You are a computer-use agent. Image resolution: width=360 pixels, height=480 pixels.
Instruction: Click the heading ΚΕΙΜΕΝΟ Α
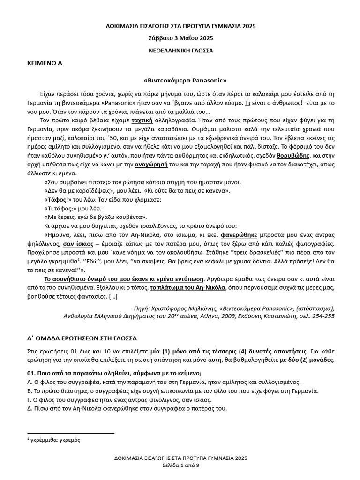point(45,62)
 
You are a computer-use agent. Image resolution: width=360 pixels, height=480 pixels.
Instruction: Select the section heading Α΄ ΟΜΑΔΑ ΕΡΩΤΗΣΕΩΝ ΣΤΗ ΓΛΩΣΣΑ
point(81,337)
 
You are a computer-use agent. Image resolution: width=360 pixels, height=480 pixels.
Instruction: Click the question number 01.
point(33,373)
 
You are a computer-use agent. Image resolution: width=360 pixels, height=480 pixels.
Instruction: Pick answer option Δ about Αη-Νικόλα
point(127,409)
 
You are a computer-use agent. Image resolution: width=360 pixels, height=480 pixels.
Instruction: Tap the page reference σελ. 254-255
point(319,316)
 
